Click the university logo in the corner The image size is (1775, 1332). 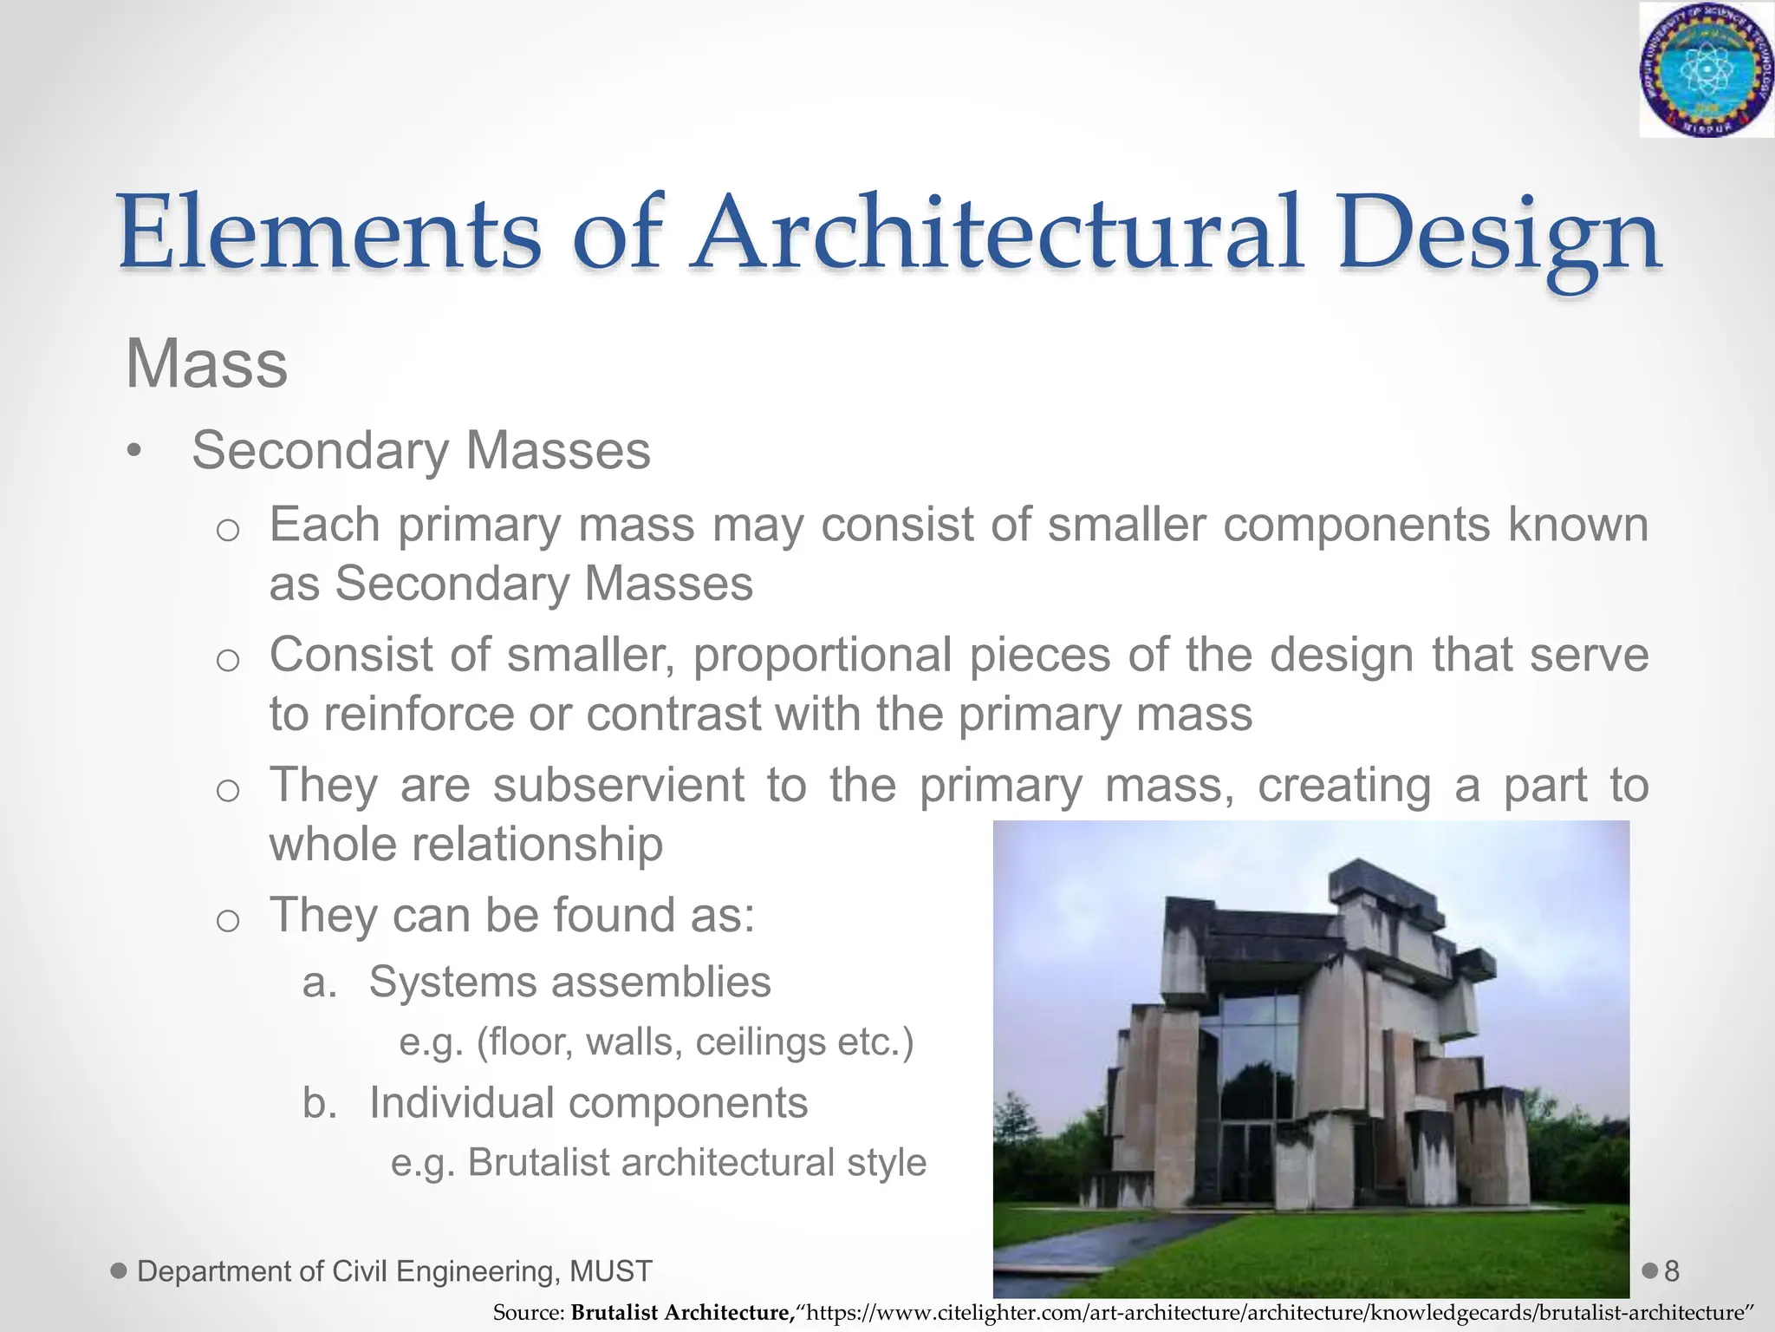tap(1705, 69)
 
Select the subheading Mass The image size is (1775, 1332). tap(206, 364)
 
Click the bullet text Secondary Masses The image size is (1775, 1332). tap(421, 451)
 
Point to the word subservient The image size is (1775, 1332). tap(618, 785)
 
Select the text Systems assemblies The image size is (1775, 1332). tap(569, 983)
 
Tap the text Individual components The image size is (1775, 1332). tap(588, 1103)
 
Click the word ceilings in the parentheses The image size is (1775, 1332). tap(758, 1041)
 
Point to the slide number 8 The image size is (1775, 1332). tap(1672, 1271)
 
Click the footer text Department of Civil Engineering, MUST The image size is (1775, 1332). tap(394, 1271)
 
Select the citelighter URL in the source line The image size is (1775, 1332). tap(1274, 1313)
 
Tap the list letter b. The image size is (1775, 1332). tap(319, 1103)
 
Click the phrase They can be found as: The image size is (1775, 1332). tap(512, 915)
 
